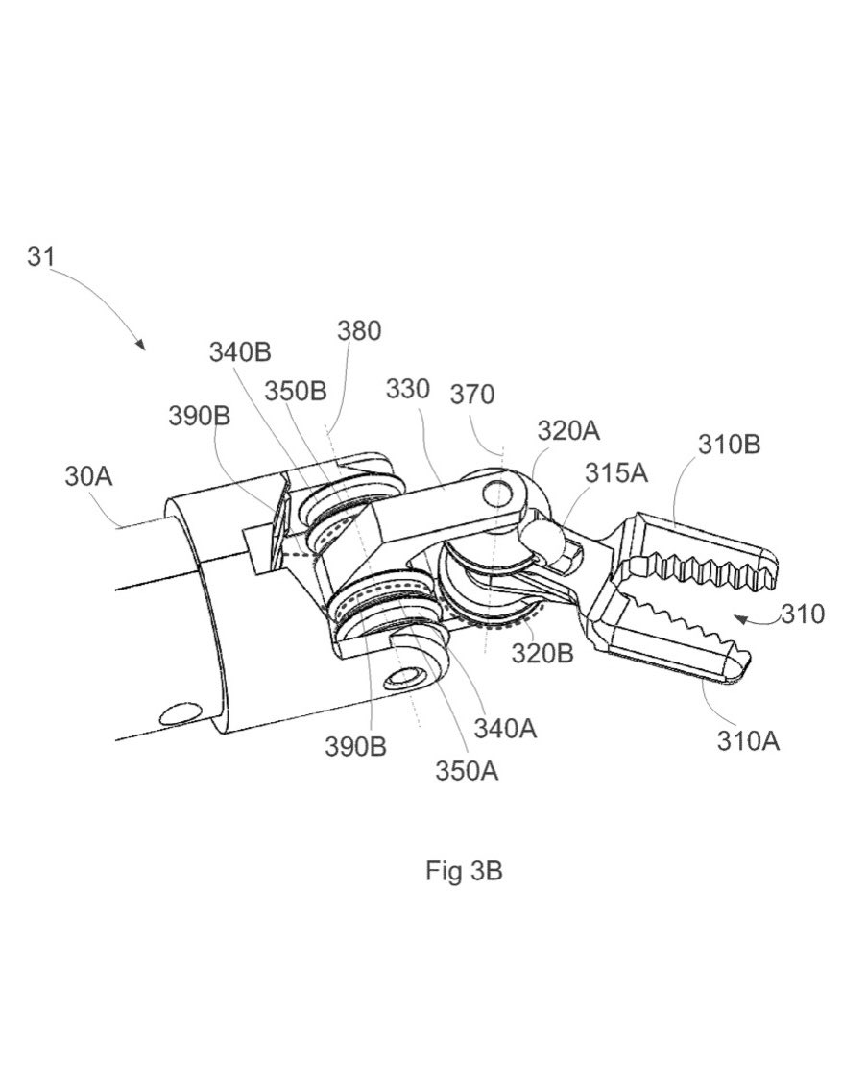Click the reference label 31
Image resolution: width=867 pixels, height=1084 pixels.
point(40,256)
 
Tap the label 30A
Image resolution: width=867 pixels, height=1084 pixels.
point(89,475)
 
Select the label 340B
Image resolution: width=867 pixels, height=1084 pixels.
point(240,352)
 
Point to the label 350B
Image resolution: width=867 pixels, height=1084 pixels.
point(295,392)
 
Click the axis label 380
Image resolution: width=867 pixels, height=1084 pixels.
point(359,331)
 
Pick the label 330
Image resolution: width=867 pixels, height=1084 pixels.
point(408,389)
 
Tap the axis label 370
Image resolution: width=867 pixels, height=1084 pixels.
point(472,394)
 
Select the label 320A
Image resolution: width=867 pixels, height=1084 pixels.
point(568,431)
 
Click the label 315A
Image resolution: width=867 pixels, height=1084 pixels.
point(616,472)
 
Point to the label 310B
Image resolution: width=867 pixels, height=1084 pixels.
point(729,444)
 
